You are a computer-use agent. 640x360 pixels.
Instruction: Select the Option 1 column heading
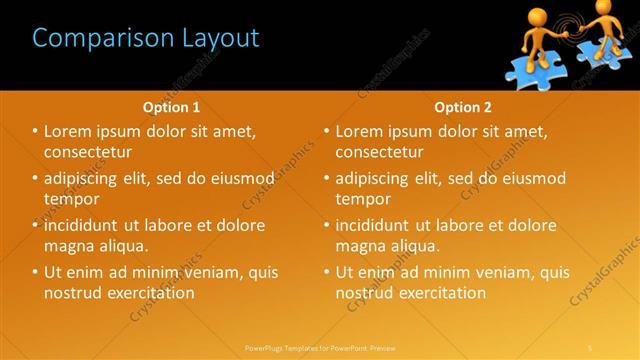[171, 107]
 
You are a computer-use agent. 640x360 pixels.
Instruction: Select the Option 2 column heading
[463, 107]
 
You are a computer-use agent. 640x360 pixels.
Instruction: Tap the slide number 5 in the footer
[590, 347]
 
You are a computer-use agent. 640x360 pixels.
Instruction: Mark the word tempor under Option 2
[365, 199]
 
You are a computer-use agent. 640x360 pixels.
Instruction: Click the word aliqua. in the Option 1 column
[123, 246]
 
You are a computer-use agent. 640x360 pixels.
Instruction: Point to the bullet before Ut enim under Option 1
[35, 272]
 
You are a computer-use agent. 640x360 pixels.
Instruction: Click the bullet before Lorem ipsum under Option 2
[327, 131]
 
